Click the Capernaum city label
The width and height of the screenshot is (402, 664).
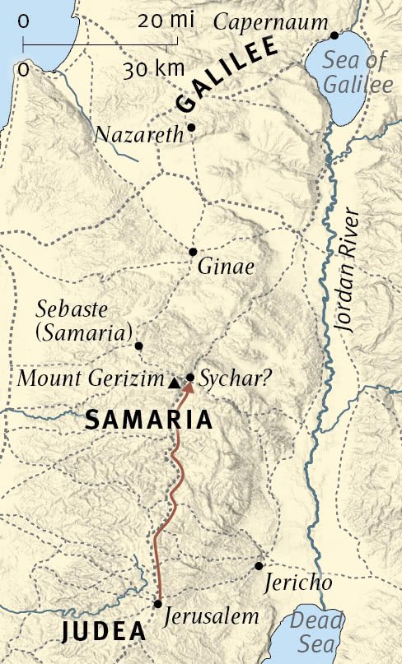(270, 22)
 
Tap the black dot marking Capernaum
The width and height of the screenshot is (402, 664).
(334, 35)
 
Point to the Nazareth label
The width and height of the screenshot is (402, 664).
(138, 135)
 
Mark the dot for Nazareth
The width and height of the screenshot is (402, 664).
(191, 128)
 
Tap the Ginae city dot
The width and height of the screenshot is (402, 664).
(193, 252)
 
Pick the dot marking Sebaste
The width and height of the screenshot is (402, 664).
(138, 346)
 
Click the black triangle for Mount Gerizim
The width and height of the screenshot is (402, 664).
(174, 382)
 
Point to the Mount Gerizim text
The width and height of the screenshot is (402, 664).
(91, 379)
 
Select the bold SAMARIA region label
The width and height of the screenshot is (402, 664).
(148, 420)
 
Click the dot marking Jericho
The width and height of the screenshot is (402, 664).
(259, 566)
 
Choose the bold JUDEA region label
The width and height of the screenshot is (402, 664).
(102, 634)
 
